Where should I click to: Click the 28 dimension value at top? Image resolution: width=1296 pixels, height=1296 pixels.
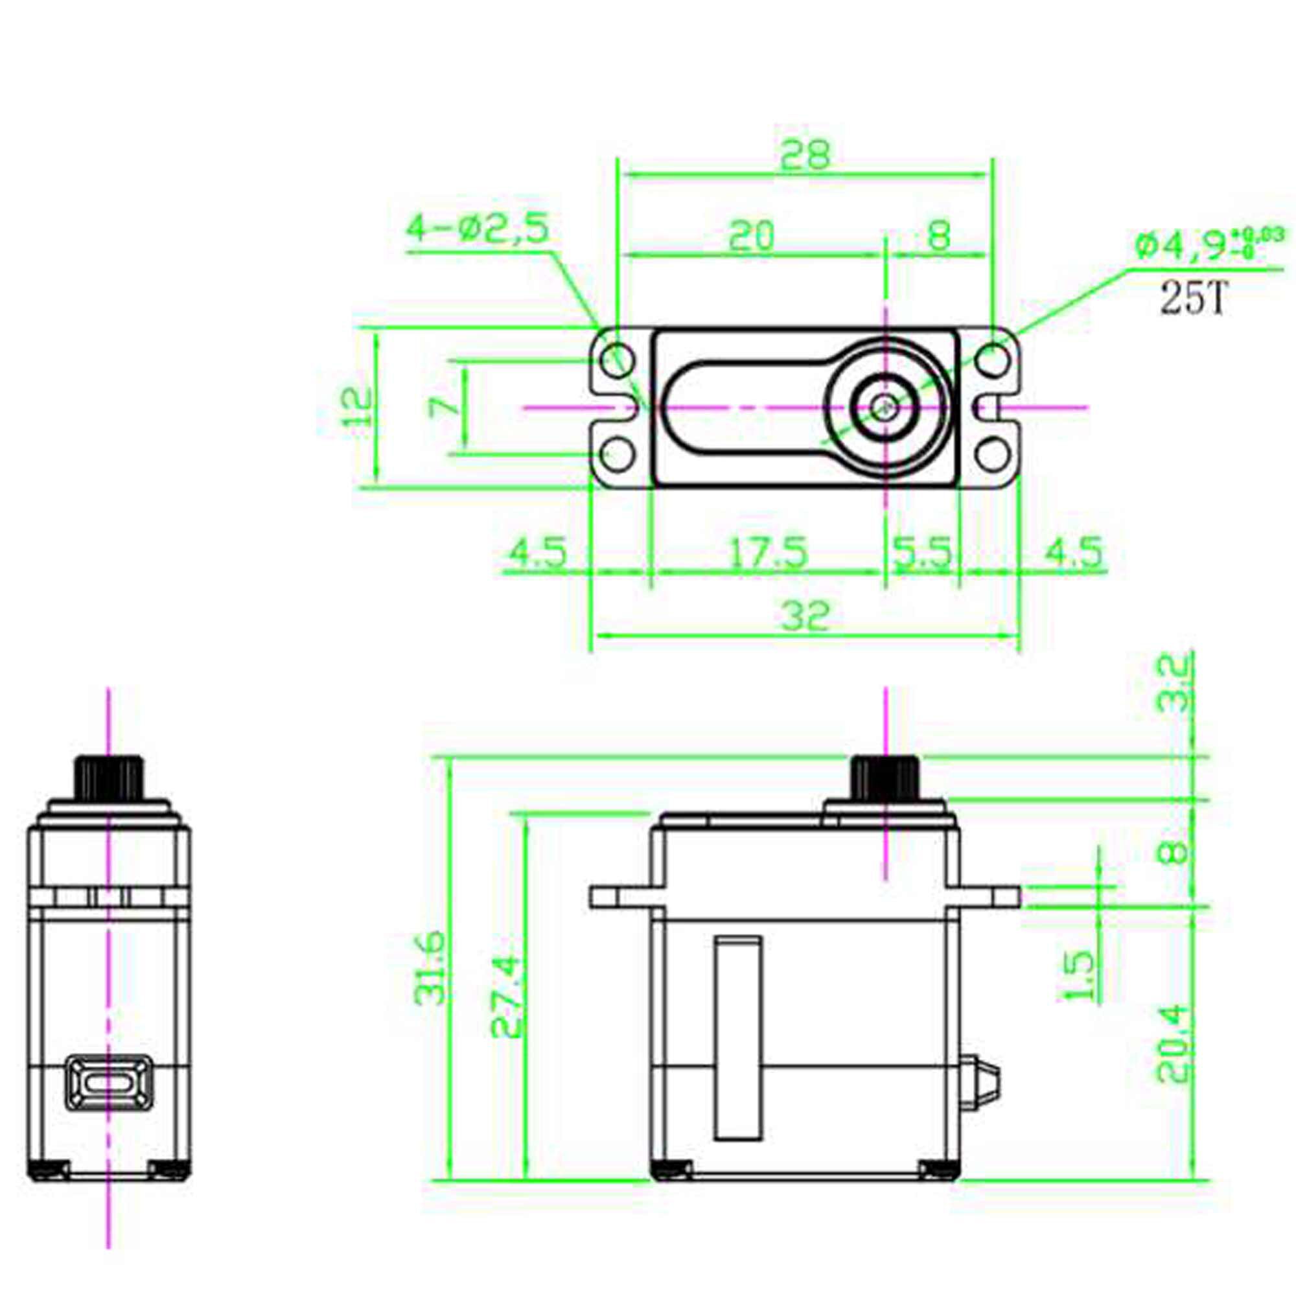(x=805, y=155)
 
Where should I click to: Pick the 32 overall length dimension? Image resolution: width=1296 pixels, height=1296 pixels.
(x=805, y=616)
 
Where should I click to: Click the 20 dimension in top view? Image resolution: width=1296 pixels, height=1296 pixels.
(x=751, y=236)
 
